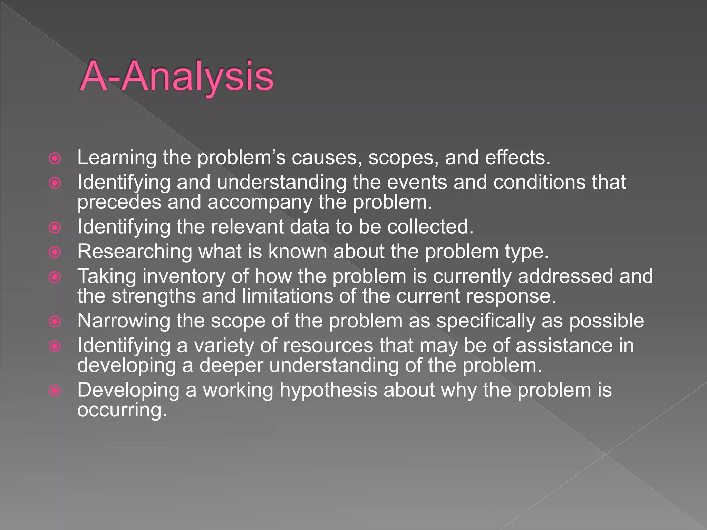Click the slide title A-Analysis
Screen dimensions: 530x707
177,77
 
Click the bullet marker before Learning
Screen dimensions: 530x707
55,158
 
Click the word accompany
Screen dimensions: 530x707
260,203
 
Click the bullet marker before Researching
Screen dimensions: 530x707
55,252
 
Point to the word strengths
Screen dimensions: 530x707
154,296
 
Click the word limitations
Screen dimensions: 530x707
287,296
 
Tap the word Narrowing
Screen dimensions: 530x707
124,321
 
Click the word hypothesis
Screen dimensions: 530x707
328,391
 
